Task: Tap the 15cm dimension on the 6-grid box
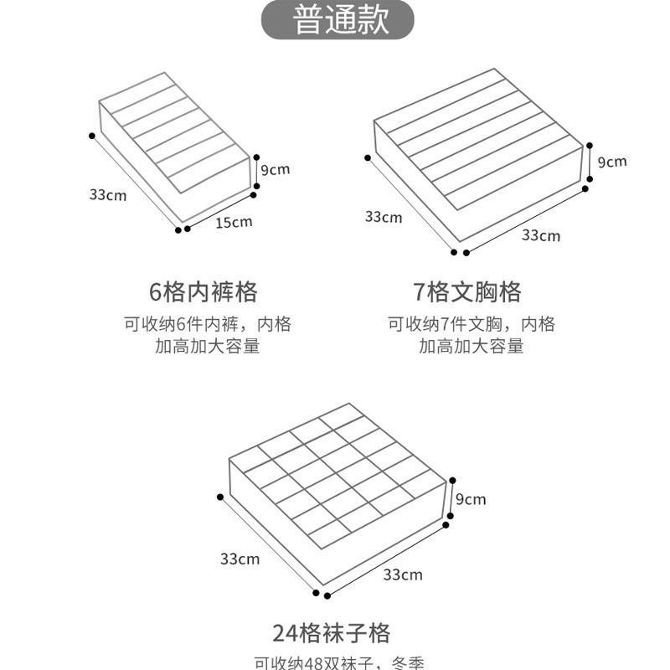tap(234, 223)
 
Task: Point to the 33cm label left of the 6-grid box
tap(107, 194)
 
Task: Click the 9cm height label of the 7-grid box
tap(612, 161)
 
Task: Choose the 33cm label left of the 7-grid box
tap(383, 217)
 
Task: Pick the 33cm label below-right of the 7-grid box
tap(540, 235)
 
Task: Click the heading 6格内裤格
tap(204, 292)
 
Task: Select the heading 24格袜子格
tap(331, 631)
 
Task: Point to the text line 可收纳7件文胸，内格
tap(471, 324)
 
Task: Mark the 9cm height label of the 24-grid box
tap(471, 499)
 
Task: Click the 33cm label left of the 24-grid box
tap(240, 559)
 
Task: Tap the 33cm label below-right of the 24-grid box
tap(402, 575)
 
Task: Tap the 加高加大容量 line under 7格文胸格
tap(471, 346)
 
